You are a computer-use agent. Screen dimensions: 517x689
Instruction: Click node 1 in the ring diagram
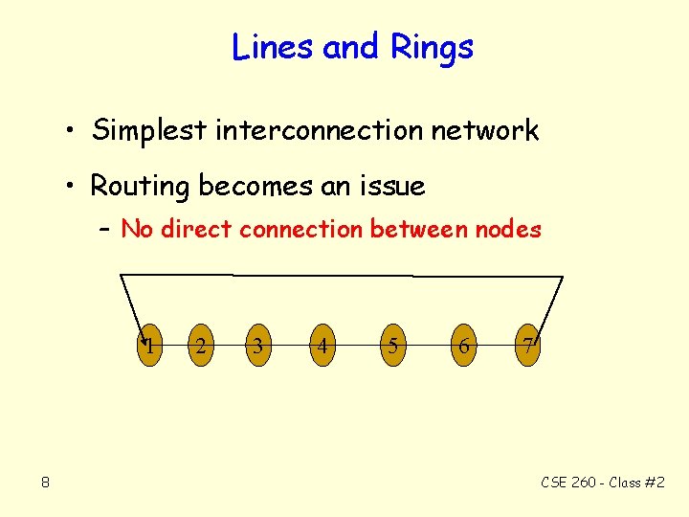click(x=150, y=346)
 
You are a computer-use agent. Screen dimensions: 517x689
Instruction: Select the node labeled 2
click(x=199, y=346)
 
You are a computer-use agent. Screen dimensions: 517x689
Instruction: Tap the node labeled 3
click(x=256, y=346)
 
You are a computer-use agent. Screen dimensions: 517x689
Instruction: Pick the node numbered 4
click(x=323, y=346)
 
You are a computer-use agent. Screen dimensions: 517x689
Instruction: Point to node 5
click(x=392, y=346)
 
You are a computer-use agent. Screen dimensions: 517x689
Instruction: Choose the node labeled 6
click(x=463, y=346)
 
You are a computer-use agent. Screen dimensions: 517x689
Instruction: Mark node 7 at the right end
click(x=528, y=346)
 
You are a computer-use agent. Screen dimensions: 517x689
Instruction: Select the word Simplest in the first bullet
click(x=148, y=131)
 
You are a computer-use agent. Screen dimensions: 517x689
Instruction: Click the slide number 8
click(x=45, y=483)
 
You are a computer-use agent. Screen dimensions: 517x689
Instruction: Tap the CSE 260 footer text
click(x=602, y=483)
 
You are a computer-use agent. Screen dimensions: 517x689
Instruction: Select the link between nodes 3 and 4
click(x=290, y=346)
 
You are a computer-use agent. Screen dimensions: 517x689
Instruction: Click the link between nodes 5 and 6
click(x=428, y=346)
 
